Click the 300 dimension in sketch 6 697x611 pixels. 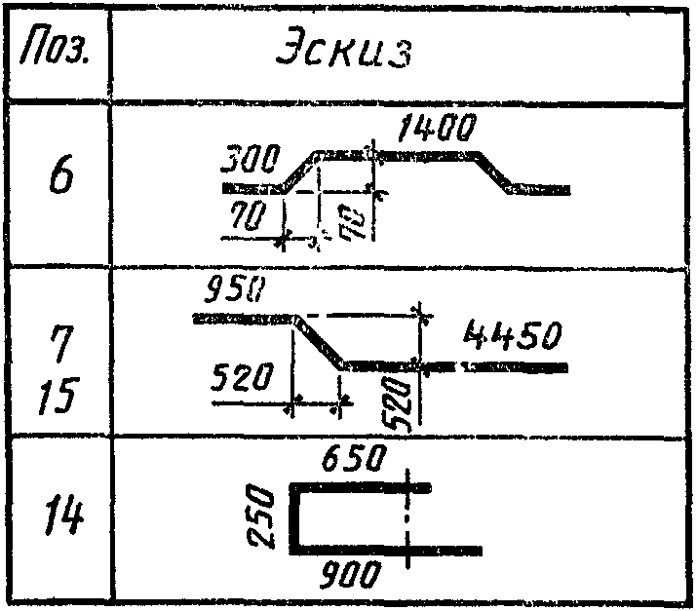click(252, 158)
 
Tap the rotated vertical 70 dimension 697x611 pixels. click(358, 224)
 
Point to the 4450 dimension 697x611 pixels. click(511, 337)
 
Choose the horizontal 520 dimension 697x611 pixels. click(243, 378)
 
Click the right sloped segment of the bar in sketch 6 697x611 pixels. click(496, 172)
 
